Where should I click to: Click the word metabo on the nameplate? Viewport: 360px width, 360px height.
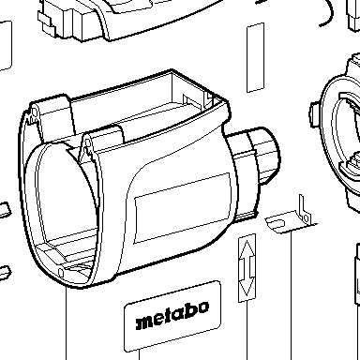point(172,316)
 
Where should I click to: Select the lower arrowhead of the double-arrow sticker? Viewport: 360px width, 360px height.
point(247,287)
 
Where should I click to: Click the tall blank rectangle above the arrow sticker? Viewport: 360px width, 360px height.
point(256,57)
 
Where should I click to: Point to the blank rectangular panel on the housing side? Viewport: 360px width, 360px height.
point(183,208)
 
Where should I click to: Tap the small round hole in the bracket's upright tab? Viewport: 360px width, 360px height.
point(307,217)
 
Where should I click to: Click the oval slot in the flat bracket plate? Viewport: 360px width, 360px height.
point(277,223)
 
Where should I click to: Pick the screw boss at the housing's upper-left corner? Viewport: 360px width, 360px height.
point(33,114)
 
